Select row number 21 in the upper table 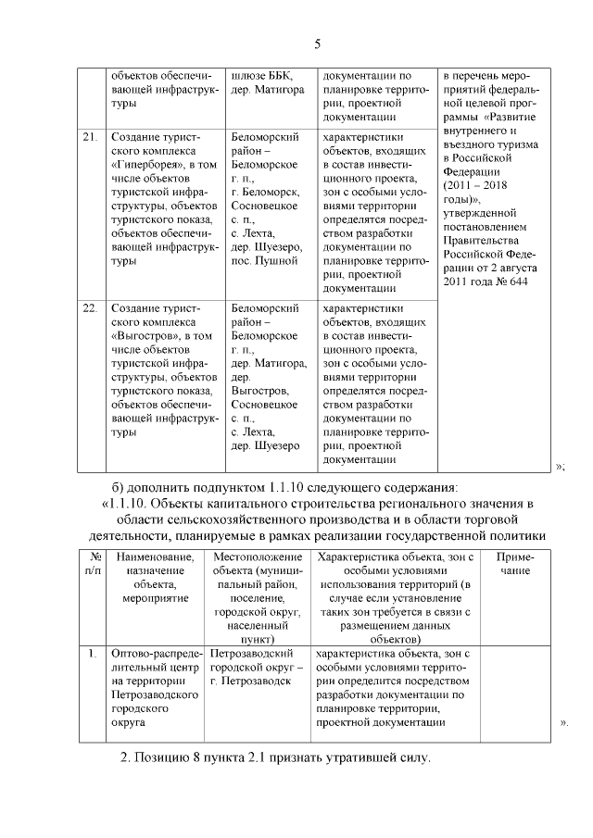[90, 138]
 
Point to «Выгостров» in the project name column [140, 335]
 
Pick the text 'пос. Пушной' [263, 262]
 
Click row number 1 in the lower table [93, 654]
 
